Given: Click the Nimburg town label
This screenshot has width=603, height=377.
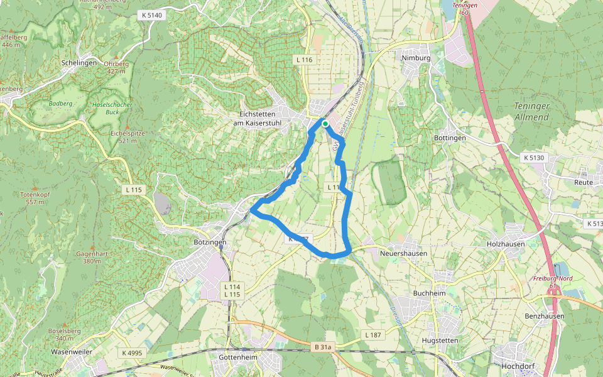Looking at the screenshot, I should tap(416, 58).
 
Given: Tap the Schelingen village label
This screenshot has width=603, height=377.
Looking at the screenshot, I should tap(80, 63).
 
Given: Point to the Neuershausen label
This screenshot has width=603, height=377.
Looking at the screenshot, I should tap(404, 253).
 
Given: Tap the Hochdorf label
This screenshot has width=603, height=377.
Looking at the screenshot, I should tap(517, 365).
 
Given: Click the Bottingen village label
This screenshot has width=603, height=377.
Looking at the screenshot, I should tap(450, 138).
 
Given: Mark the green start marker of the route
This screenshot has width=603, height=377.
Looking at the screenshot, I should tap(325, 124).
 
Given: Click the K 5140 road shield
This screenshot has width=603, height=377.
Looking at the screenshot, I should tap(151, 14).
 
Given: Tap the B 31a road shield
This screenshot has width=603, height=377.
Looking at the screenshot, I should tap(322, 347).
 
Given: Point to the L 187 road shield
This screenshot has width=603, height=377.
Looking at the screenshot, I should tap(372, 336).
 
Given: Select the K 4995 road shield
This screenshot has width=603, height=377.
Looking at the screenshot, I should tap(133, 353).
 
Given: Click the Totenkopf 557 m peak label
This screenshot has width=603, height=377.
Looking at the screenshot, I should tap(36, 199).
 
